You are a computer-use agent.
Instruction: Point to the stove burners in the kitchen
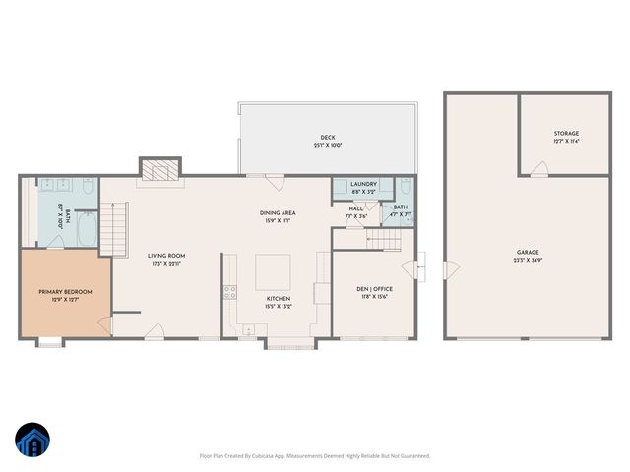click(230, 291)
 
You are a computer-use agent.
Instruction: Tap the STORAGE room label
click(566, 133)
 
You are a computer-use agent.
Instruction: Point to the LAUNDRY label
click(363, 184)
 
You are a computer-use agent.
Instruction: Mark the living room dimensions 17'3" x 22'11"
click(167, 263)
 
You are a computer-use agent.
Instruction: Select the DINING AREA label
click(278, 212)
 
